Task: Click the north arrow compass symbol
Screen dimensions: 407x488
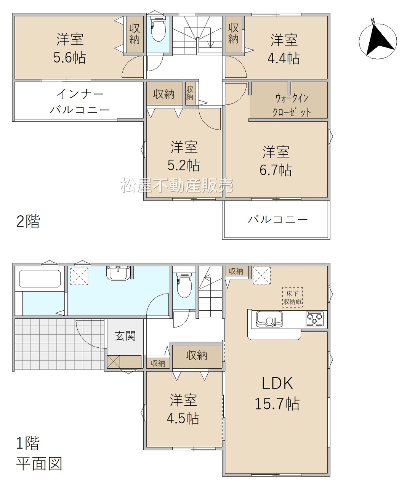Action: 378,40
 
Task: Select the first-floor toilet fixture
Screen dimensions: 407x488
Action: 184,285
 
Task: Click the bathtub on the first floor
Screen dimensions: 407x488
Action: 40,279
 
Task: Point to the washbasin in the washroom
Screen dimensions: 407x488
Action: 118,273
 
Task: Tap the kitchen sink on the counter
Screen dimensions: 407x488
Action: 269,319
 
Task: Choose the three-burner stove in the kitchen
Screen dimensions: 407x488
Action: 315,319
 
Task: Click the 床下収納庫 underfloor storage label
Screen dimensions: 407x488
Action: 292,297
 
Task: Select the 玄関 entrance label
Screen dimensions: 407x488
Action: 125,336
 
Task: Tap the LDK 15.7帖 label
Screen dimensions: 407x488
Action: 277,393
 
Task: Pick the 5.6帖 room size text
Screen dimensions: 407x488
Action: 70,57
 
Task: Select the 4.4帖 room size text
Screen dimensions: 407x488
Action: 284,58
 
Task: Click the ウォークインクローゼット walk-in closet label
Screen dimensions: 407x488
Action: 292,105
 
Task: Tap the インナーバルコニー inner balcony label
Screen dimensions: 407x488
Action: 80,102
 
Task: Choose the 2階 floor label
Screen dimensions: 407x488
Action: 28,221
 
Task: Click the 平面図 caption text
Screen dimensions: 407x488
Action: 39,464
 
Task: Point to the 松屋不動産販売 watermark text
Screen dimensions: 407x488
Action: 176,185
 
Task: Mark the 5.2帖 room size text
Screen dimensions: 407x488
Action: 184,165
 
